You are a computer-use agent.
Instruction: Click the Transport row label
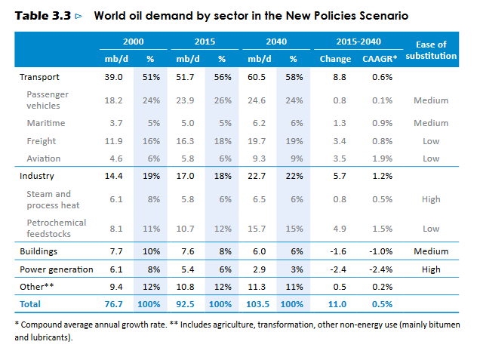pyautogui.click(x=38, y=76)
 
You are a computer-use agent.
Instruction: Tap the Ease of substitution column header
pyautogui.click(x=431, y=51)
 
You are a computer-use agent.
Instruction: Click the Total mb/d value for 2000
pyautogui.click(x=114, y=304)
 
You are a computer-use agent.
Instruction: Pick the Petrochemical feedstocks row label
pyautogui.click(x=56, y=228)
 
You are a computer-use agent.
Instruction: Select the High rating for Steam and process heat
pyautogui.click(x=431, y=199)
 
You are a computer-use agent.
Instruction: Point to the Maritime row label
pyautogui.click(x=46, y=122)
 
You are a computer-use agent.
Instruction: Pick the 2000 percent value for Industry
pyautogui.click(x=149, y=176)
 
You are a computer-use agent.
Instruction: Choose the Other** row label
pyautogui.click(x=36, y=287)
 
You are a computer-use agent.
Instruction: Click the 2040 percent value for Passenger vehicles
pyautogui.click(x=294, y=100)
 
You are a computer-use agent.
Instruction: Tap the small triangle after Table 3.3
pyautogui.click(x=79, y=15)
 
